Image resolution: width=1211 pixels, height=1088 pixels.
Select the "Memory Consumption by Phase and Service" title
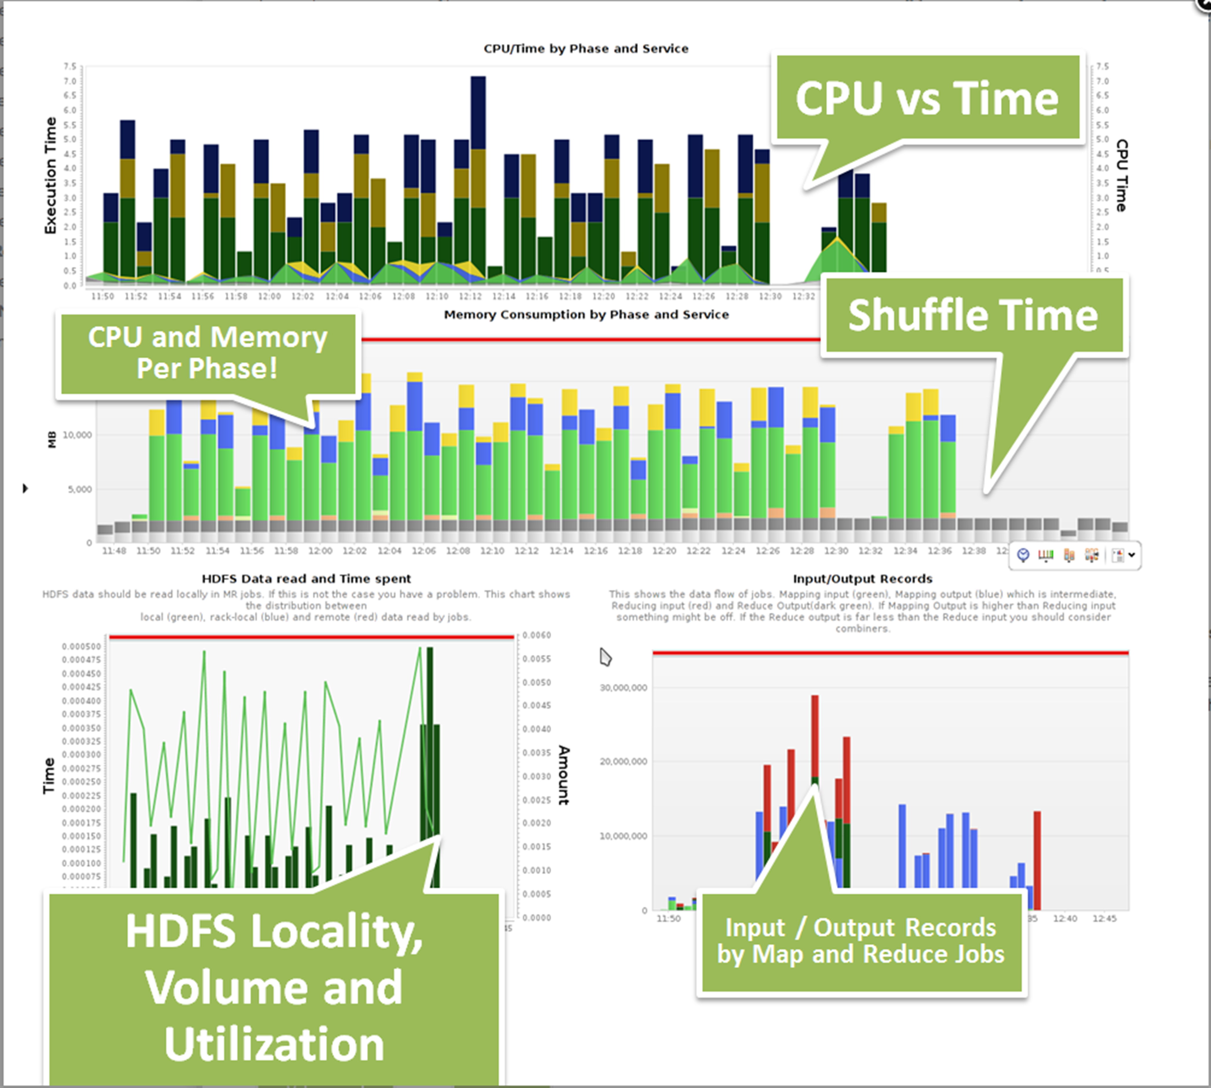586,315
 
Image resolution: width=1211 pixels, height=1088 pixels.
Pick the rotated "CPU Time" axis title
1122,175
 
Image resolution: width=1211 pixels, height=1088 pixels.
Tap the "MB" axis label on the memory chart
51,439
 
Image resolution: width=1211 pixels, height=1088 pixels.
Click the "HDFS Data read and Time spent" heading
306,579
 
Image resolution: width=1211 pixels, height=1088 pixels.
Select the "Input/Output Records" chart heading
862,579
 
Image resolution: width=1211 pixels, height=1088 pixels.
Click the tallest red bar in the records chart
814,735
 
